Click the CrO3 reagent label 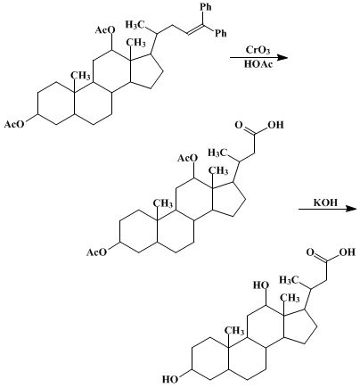click(x=258, y=50)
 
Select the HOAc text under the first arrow click(x=258, y=64)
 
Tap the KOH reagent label click(x=326, y=202)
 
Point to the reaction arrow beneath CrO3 click(x=259, y=57)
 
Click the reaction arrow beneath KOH click(x=327, y=209)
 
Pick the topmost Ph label click(x=206, y=6)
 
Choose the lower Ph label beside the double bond click(x=220, y=33)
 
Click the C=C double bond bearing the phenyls click(x=196, y=29)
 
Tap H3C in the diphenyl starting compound click(x=135, y=24)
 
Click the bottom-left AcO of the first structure click(x=14, y=124)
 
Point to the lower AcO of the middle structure click(x=96, y=252)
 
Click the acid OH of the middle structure click(x=275, y=125)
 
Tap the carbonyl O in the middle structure click(x=239, y=125)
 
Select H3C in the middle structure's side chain click(x=217, y=153)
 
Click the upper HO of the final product click(x=261, y=285)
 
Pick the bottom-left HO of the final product click(x=170, y=380)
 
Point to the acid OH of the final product click(x=348, y=252)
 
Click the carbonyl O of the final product click(x=310, y=252)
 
